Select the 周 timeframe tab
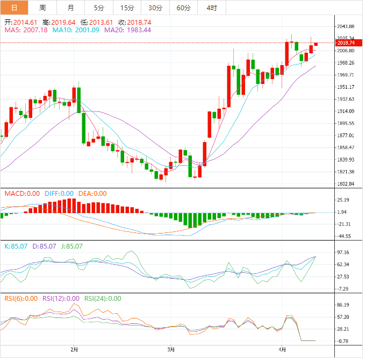(x=42, y=8)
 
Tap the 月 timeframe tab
(x=71, y=8)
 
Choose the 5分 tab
(x=99, y=8)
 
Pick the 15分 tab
(x=127, y=8)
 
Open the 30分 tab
(x=155, y=8)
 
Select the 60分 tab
(x=184, y=8)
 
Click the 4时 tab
(x=212, y=8)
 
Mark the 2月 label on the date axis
(x=74, y=349)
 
